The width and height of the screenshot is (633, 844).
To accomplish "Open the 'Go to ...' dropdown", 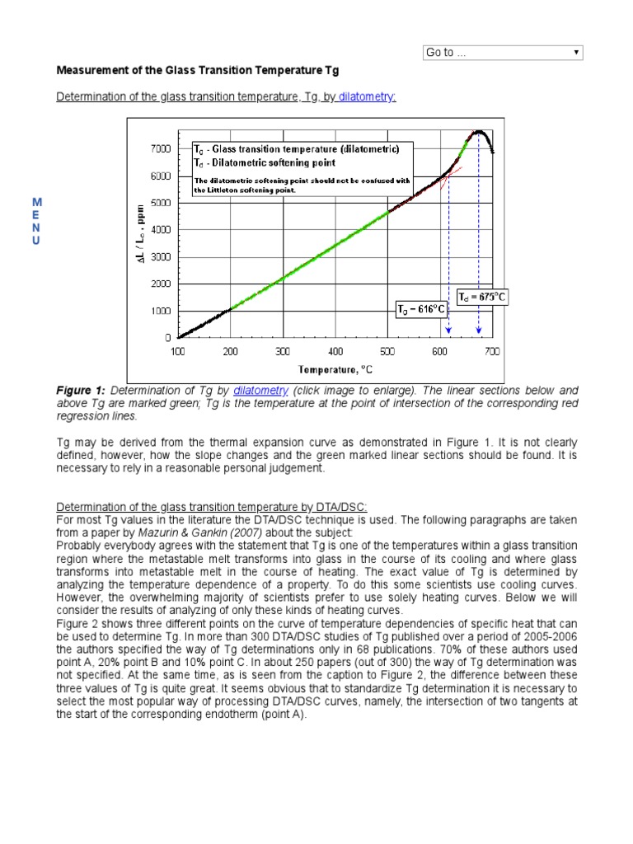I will (x=503, y=53).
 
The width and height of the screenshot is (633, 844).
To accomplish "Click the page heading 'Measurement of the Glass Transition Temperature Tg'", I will (x=197, y=71).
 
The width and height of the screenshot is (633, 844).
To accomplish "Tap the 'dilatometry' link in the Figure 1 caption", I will (x=260, y=390).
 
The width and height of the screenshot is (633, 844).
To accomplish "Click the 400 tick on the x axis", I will (x=335, y=352).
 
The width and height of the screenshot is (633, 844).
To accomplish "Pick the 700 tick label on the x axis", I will (x=492, y=352).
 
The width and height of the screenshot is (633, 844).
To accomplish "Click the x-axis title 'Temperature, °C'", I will (x=335, y=370).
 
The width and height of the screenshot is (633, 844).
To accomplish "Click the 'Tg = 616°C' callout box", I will (x=421, y=310).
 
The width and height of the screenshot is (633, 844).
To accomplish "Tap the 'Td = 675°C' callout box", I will (x=482, y=297).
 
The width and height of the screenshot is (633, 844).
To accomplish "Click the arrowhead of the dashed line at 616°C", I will (x=448, y=331).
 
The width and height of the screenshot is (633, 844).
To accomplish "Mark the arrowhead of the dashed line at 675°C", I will (x=479, y=331).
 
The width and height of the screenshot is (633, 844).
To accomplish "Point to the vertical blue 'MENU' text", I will (x=36, y=221).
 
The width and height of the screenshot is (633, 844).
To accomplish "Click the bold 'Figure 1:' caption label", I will (x=81, y=390).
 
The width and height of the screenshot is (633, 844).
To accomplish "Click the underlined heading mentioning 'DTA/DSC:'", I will (x=212, y=505).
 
